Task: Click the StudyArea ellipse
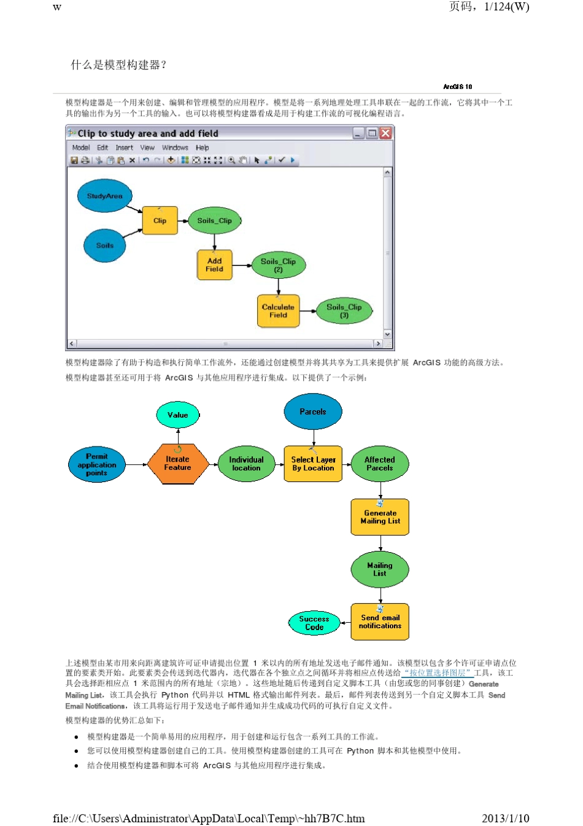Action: (x=105, y=196)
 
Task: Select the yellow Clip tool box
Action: (x=160, y=220)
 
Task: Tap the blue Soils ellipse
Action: (x=105, y=245)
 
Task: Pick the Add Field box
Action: (x=214, y=265)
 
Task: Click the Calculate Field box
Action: (x=278, y=311)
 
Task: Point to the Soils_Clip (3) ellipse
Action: (x=344, y=311)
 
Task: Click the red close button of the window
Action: (x=385, y=133)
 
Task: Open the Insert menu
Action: (x=124, y=147)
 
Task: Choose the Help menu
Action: (x=203, y=147)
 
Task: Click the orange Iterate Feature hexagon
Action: (x=177, y=463)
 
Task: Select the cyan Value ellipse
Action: (x=178, y=415)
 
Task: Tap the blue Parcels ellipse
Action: (x=313, y=411)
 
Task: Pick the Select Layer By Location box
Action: (x=313, y=464)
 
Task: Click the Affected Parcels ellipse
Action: (x=380, y=464)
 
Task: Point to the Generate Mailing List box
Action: (x=380, y=517)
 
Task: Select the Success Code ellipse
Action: (x=314, y=623)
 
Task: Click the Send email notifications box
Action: (x=380, y=621)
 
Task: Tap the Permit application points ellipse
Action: (x=97, y=464)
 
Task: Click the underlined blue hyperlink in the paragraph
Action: (x=438, y=673)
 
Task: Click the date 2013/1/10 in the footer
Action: (x=505, y=818)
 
